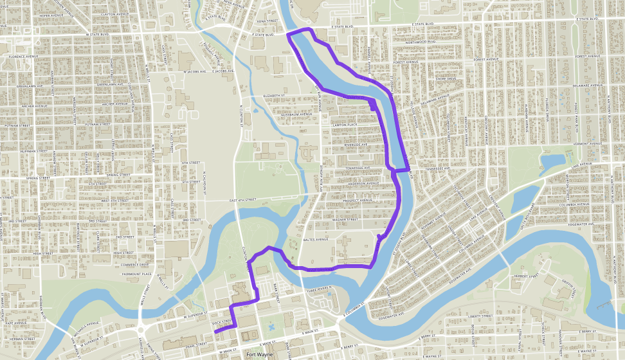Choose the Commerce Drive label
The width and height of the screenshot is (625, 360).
(134, 264)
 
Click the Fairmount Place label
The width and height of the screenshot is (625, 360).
(137, 274)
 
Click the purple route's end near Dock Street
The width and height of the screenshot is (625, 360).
(215, 332)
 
